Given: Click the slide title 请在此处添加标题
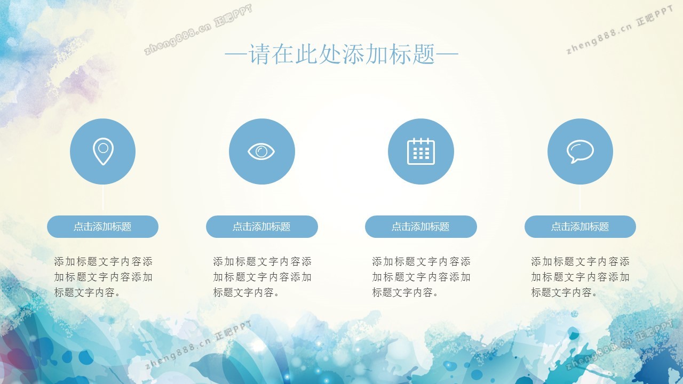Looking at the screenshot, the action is (341, 54).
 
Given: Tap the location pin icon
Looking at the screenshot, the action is (103, 151).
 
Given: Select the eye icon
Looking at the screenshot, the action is (261, 151).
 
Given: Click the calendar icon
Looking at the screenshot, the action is (421, 151).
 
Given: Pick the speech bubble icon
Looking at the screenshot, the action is (580, 151).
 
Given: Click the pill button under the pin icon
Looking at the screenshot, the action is (103, 227).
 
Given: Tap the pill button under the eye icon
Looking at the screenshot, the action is (262, 227).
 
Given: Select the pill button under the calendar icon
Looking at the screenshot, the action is (421, 227).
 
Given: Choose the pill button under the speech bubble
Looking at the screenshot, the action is (580, 227).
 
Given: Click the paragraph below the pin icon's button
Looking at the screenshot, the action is (103, 277).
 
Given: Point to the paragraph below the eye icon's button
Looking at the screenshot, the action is (262, 277).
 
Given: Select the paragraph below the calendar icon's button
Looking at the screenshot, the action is (421, 277).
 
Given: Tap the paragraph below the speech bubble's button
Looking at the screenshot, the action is (580, 277).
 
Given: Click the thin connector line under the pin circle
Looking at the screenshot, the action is (103, 197).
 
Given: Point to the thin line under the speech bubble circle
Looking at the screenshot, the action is (580, 197).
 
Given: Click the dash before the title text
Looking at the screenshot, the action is (236, 54).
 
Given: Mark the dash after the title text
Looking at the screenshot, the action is (447, 54).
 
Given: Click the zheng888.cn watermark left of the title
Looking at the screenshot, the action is (198, 29).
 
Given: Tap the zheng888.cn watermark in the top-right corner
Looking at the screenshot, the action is (620, 30).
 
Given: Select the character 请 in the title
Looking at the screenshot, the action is (259, 54).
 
